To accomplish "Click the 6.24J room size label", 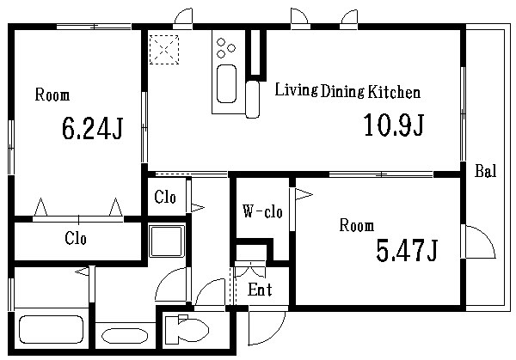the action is tap(92, 129).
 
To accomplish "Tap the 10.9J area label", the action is tap(394, 125).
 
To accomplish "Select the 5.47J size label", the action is tap(407, 250).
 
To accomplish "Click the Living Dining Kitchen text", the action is tap(347, 90).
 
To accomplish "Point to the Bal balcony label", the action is tap(485, 171).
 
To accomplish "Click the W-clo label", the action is tap(262, 211).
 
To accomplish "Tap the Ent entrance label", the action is tap(260, 290).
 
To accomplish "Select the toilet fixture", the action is tap(187, 329).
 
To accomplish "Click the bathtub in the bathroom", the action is tap(51, 329).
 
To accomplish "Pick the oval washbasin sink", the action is tap(125, 336).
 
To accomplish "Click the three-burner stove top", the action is tap(226, 47).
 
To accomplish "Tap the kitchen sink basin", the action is tap(227, 83).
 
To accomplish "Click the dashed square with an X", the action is tap(164, 50).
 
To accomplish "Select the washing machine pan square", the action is tap(166, 241).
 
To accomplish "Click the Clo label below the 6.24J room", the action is tap(76, 238).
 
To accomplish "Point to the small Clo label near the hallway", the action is tap(165, 197).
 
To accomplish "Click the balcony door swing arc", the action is tap(485, 236).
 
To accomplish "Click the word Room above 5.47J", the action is tap(357, 225).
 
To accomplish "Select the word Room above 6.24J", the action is tap(52, 95).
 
